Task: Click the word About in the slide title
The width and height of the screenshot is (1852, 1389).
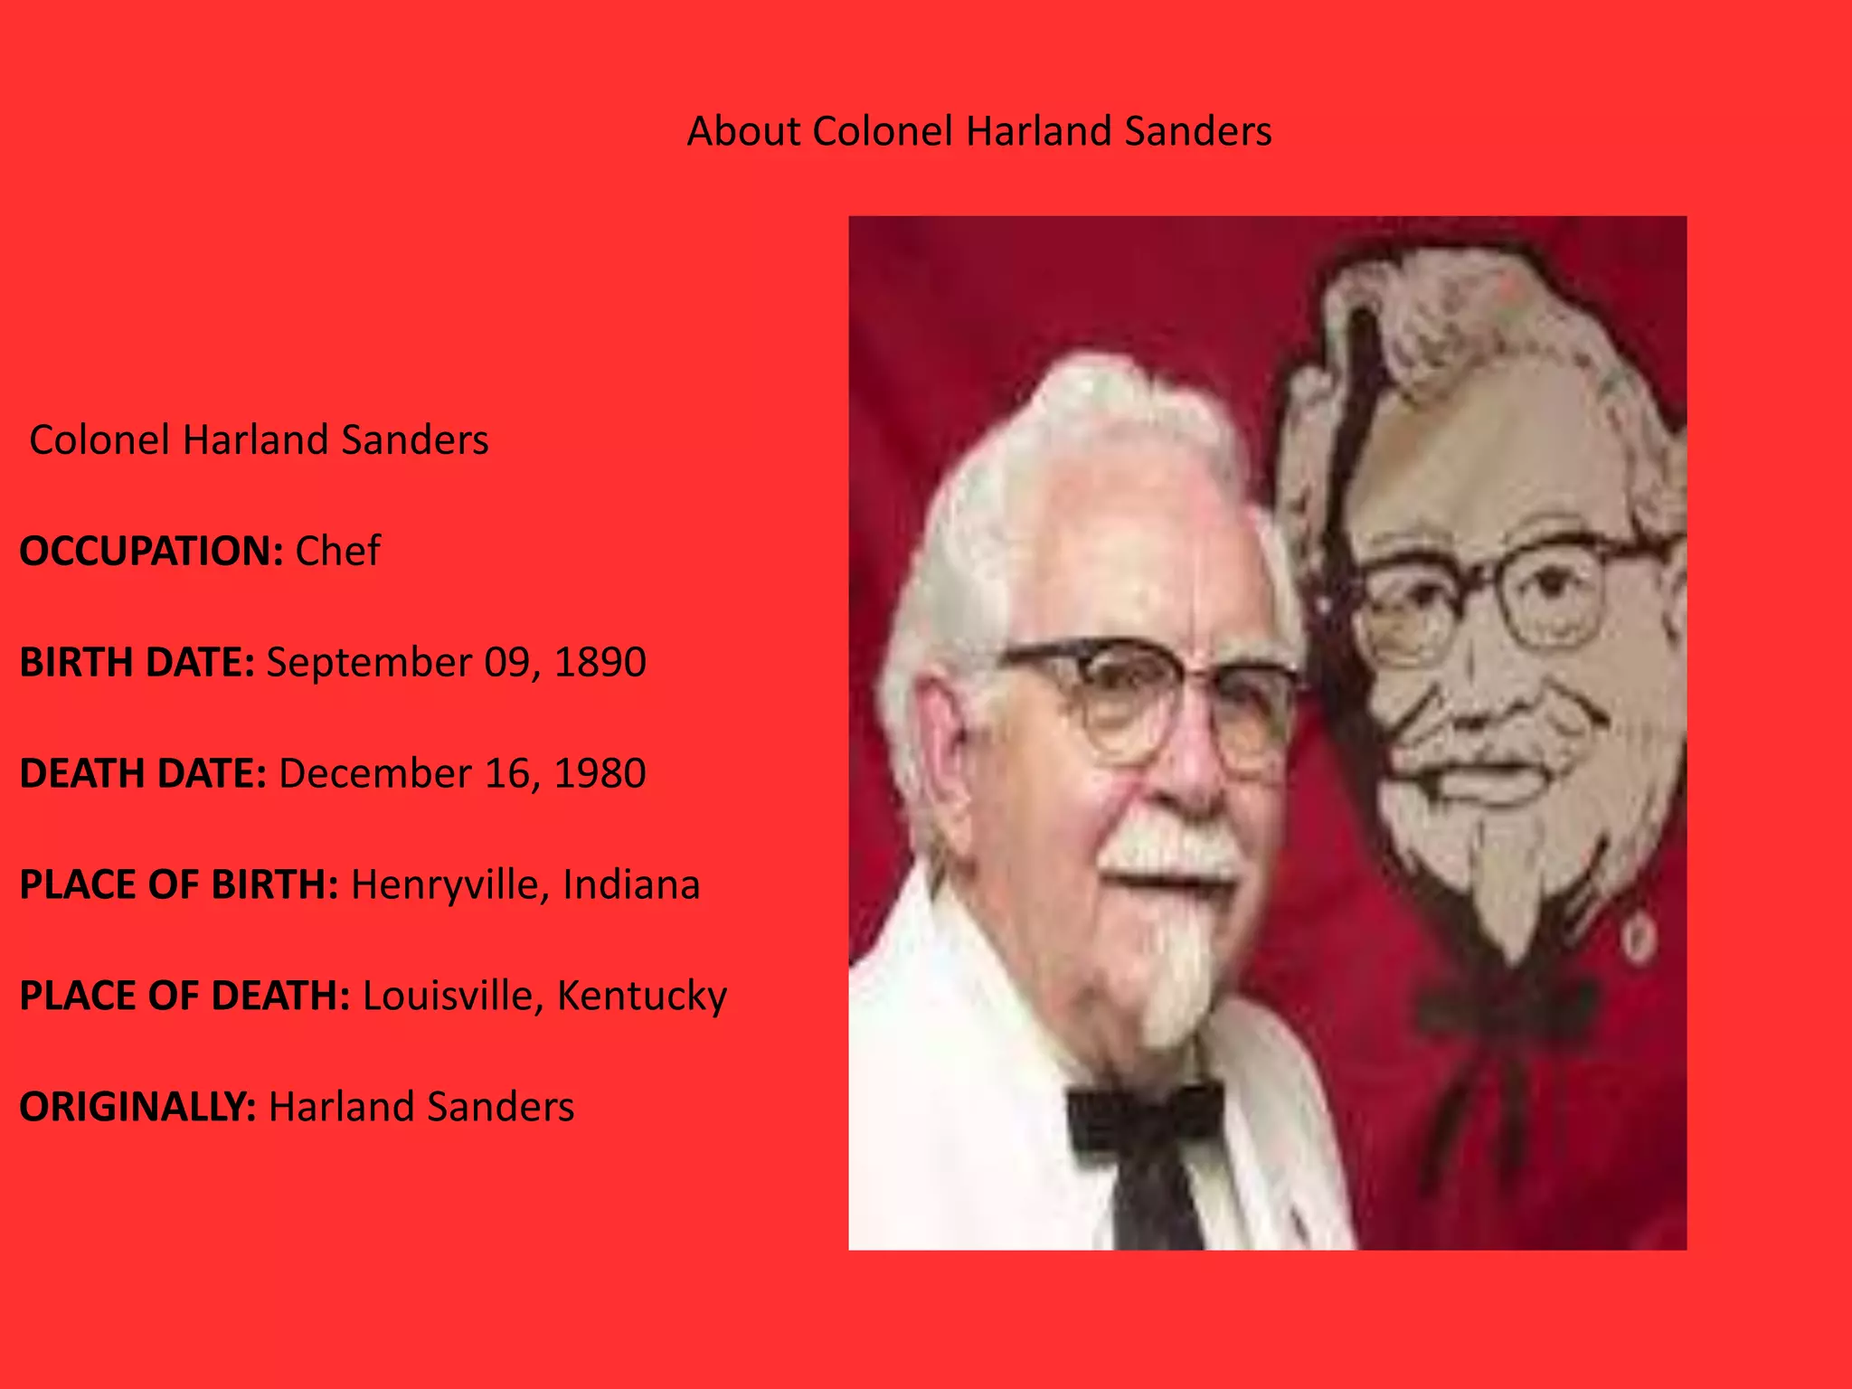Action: click(743, 132)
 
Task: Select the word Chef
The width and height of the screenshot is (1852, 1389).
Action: click(338, 552)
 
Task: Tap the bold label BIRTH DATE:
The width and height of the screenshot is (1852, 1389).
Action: click(137, 663)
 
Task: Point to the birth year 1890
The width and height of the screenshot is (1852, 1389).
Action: click(600, 663)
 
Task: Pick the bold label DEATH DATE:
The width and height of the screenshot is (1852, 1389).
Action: click(143, 774)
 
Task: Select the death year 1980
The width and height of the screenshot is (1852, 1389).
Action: click(600, 774)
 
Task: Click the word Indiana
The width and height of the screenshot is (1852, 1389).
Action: click(631, 885)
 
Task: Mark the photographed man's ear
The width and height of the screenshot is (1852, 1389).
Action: click(940, 742)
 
